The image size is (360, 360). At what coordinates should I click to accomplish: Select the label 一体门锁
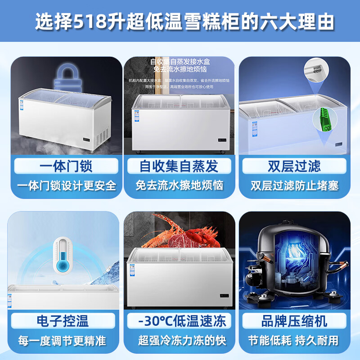click(x=66, y=166)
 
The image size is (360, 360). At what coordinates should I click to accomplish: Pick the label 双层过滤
click(x=294, y=166)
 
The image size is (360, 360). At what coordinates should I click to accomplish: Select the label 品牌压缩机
click(x=294, y=321)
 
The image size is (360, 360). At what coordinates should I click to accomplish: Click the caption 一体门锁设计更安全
click(x=67, y=185)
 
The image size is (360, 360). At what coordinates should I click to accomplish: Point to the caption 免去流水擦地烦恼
click(x=180, y=185)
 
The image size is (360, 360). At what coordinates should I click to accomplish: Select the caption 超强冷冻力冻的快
click(x=180, y=341)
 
